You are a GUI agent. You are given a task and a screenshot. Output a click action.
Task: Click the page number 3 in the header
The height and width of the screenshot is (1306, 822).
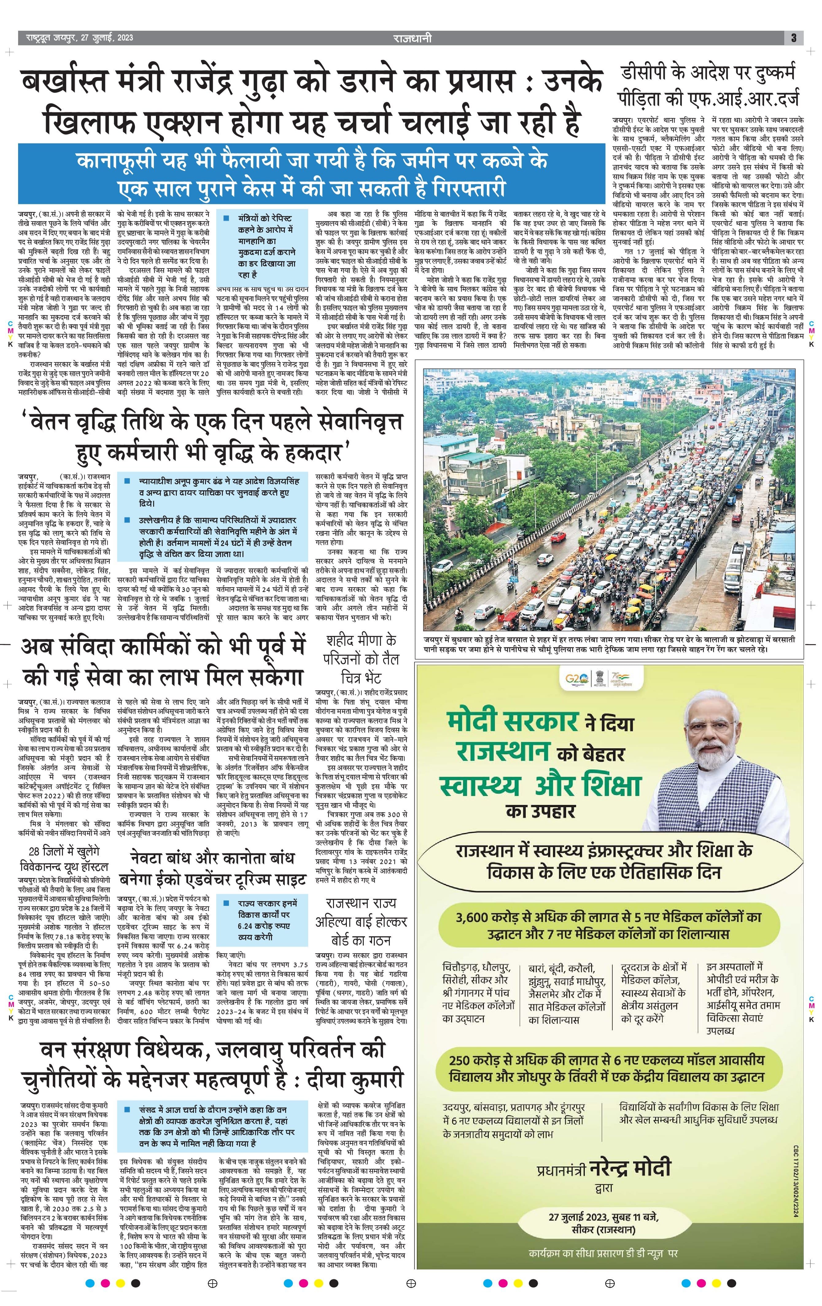click(x=793, y=38)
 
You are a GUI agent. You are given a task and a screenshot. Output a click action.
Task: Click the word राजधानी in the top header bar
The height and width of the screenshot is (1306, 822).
click(x=412, y=38)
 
